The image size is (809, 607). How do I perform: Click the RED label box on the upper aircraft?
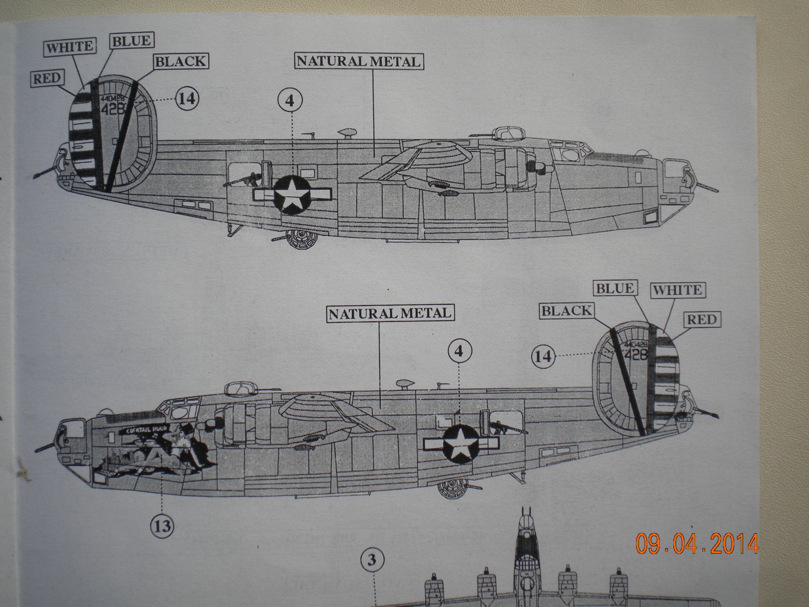[47, 78]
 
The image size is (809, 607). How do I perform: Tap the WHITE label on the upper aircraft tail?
[70, 47]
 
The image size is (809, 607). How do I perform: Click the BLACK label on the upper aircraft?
[181, 62]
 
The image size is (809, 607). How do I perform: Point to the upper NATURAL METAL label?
[358, 61]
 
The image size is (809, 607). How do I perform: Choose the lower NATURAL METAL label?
[389, 313]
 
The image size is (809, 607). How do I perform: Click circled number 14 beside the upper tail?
[187, 98]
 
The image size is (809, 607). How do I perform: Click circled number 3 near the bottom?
[373, 560]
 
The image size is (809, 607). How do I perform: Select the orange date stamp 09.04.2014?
[697, 544]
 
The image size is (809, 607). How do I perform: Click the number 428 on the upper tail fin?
[114, 109]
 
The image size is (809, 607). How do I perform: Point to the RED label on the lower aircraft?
[701, 319]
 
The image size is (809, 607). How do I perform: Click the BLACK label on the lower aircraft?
[566, 311]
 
